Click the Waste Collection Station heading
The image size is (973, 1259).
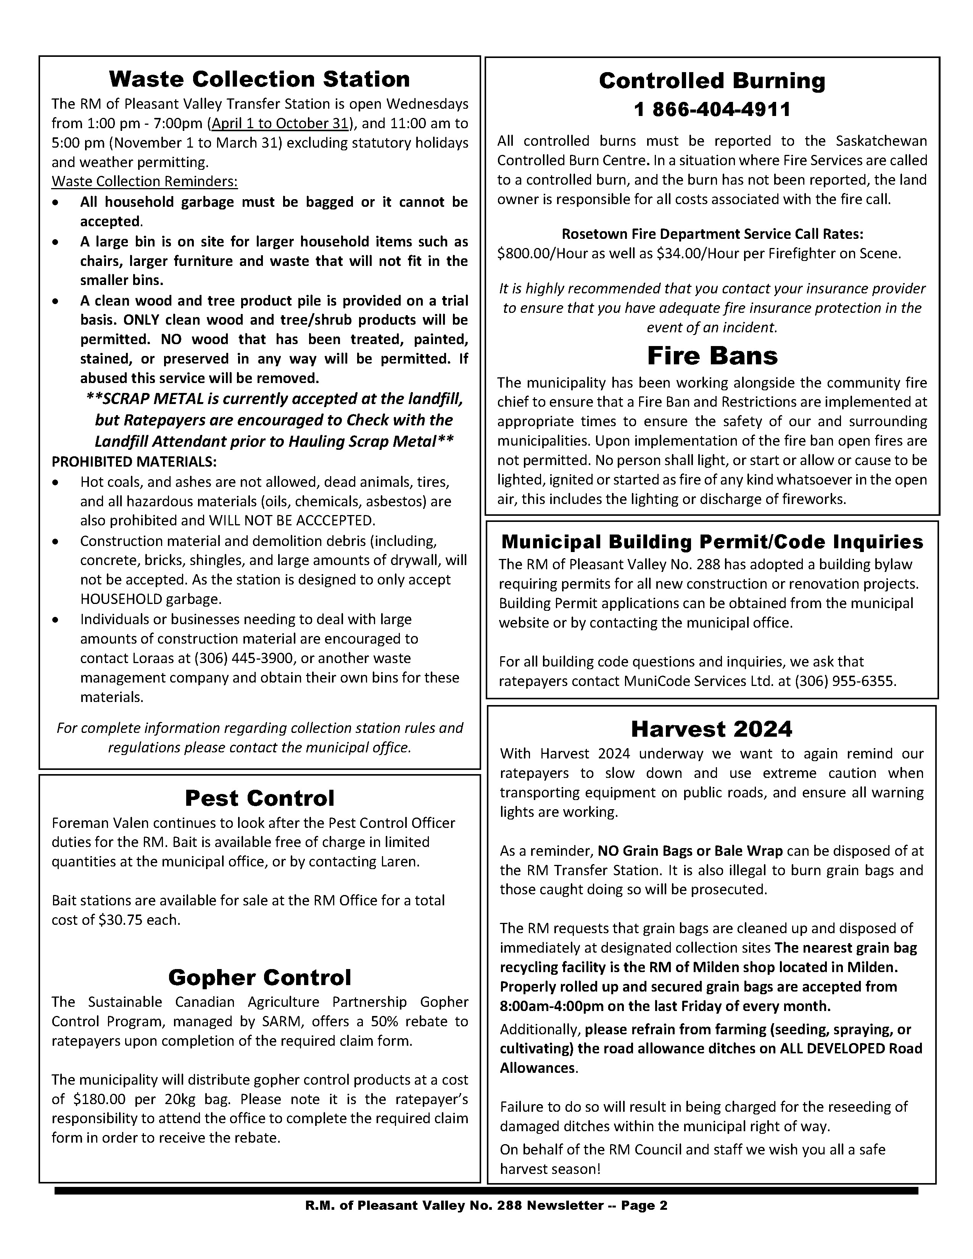pyautogui.click(x=259, y=79)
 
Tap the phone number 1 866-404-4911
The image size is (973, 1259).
pyautogui.click(x=712, y=109)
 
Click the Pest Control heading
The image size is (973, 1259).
pyautogui.click(x=259, y=799)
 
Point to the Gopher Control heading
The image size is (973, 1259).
pyautogui.click(x=259, y=978)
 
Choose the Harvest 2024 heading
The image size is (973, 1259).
pyautogui.click(x=711, y=729)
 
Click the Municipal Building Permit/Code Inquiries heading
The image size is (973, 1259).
pyautogui.click(x=712, y=542)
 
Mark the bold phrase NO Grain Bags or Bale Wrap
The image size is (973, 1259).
pyautogui.click(x=690, y=851)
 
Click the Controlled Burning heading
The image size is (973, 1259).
pyautogui.click(x=712, y=81)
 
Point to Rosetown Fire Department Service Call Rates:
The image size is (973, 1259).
pyautogui.click(x=712, y=234)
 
